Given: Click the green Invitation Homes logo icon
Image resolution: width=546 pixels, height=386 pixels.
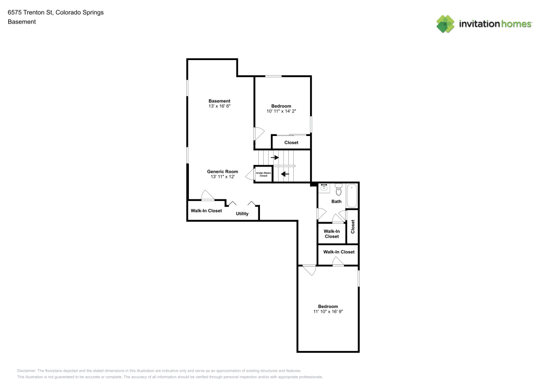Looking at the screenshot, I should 446,24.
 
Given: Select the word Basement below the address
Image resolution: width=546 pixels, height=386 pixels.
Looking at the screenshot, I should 22,22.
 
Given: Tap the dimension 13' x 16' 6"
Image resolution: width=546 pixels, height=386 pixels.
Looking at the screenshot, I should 219,106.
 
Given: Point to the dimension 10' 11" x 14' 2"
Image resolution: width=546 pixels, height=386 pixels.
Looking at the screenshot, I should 281,111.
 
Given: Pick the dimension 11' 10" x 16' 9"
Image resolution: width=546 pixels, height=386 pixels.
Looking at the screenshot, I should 328,312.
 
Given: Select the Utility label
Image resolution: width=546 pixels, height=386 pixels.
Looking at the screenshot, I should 242,213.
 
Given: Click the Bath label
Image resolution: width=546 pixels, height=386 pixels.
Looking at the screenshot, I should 336,201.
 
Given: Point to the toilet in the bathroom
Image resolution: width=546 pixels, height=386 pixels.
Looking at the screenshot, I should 338,189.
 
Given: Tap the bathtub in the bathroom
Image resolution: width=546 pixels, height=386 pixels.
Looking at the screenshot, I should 352,196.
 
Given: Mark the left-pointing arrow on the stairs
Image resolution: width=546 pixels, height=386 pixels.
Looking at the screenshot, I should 284,175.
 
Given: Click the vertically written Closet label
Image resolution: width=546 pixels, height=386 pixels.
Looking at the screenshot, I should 353,226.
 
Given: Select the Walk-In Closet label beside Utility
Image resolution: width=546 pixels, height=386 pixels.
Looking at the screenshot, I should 206,211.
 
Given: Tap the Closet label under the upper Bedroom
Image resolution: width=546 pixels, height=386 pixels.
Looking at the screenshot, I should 291,142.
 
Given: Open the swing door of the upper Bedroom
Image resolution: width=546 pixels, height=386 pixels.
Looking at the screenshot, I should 259,133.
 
